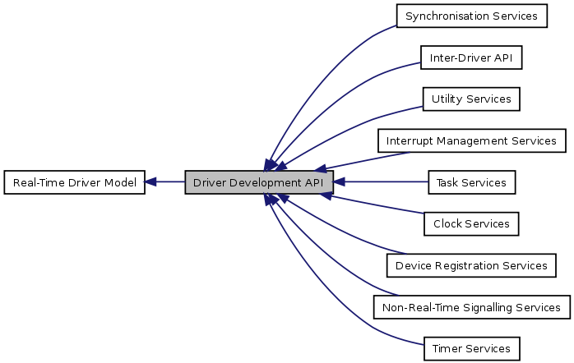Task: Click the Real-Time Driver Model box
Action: pyautogui.click(x=75, y=182)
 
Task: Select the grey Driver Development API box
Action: pyautogui.click(x=259, y=182)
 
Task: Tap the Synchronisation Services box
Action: pyautogui.click(x=471, y=16)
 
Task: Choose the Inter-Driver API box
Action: pyautogui.click(x=471, y=57)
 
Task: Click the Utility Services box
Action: pyautogui.click(x=471, y=99)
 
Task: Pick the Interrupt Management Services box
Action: pyautogui.click(x=471, y=140)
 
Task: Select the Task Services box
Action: pyautogui.click(x=471, y=182)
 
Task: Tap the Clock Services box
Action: pyautogui.click(x=471, y=223)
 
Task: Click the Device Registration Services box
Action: pyautogui.click(x=471, y=265)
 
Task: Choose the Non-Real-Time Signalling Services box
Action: pyautogui.click(x=471, y=307)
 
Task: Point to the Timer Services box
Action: pyautogui.click(x=471, y=348)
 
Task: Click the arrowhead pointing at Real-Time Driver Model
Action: pyautogui.click(x=152, y=182)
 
